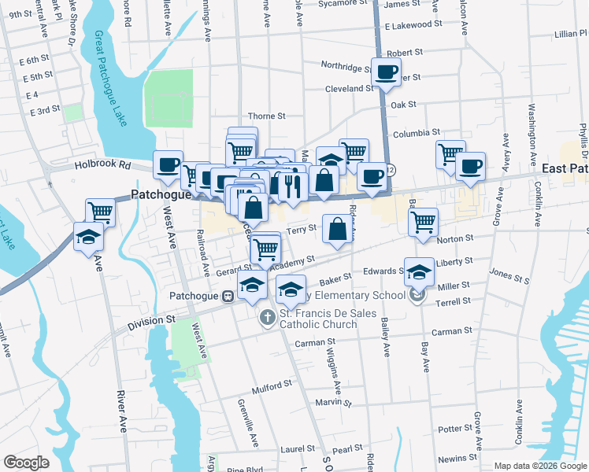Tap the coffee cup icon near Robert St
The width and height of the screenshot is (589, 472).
(386, 73)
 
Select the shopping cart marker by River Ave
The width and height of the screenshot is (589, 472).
(101, 212)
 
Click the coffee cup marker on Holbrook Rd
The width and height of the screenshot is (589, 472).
(169, 165)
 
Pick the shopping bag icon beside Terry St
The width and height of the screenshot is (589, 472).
(337, 230)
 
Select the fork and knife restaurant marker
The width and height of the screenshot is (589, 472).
(293, 187)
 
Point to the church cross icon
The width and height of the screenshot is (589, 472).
(267, 317)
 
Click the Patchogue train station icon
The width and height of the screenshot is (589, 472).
(227, 297)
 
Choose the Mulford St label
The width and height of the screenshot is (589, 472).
(272, 387)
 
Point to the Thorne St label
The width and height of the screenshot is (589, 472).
(266, 116)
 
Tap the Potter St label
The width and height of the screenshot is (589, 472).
(454, 429)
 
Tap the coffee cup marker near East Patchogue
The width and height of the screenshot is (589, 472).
(470, 166)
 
